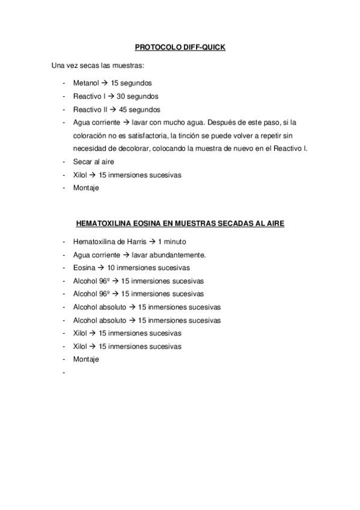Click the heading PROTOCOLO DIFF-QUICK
click(x=180, y=46)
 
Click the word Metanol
click(x=86, y=83)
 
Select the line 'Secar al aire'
click(x=93, y=162)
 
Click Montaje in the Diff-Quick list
click(x=86, y=188)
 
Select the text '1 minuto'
click(x=172, y=242)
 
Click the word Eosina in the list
click(x=84, y=268)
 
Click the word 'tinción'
click(x=182, y=135)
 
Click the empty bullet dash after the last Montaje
click(x=63, y=372)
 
